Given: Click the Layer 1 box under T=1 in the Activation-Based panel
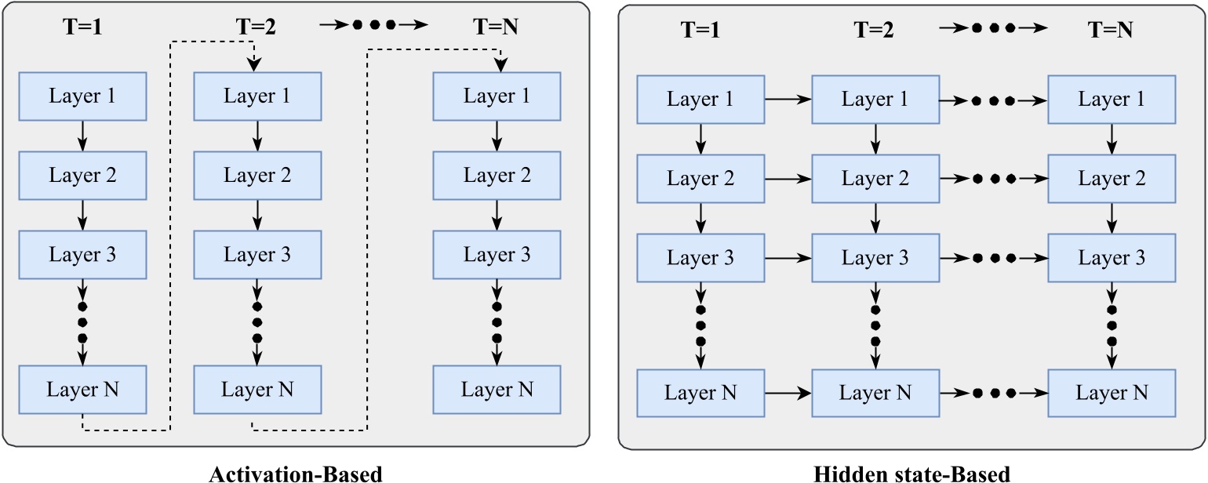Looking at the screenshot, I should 82,96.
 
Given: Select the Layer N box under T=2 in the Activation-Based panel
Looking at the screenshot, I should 257,389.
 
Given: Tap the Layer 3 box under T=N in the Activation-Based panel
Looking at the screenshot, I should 497,254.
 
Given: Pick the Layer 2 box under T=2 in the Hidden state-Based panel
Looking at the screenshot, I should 875,179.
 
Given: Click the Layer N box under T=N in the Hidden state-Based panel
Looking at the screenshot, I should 1112,392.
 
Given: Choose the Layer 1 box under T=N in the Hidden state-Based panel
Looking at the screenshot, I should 1112,100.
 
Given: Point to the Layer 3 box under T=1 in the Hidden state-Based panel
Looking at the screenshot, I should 700,257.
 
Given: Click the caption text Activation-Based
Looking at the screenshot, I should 296,474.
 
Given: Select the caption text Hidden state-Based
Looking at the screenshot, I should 912,474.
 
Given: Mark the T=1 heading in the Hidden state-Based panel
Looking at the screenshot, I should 701,30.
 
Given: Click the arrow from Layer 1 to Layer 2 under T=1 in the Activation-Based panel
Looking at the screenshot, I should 82,136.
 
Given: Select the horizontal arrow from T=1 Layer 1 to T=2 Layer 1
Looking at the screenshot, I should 788,100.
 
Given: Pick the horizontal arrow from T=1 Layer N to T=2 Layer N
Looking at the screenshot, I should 788,392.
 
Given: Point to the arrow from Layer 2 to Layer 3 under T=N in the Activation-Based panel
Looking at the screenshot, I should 497,215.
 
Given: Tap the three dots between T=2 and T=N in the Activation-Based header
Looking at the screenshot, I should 373,25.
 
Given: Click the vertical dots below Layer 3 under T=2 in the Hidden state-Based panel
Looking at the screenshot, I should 875,324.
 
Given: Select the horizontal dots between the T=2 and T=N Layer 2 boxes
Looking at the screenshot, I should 994,179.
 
